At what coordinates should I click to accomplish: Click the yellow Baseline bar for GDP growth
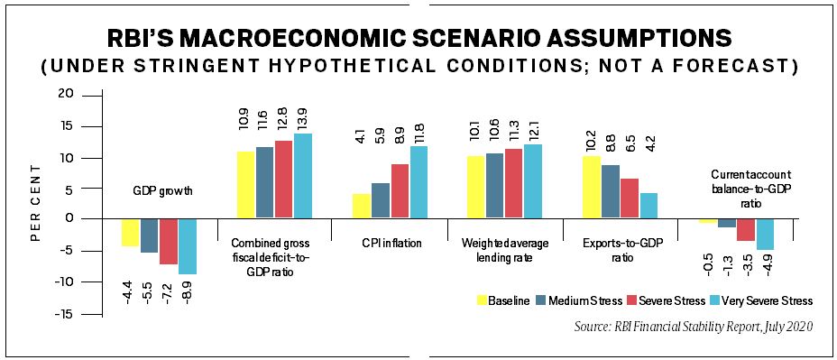pos(130,233)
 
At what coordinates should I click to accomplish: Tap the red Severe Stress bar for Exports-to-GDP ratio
pos(629,198)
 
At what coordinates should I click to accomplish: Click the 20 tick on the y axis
pos(64,95)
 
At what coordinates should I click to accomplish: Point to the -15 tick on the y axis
pos(60,314)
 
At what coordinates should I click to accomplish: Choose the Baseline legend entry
pos(505,300)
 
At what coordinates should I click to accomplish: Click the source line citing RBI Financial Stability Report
pos(694,327)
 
